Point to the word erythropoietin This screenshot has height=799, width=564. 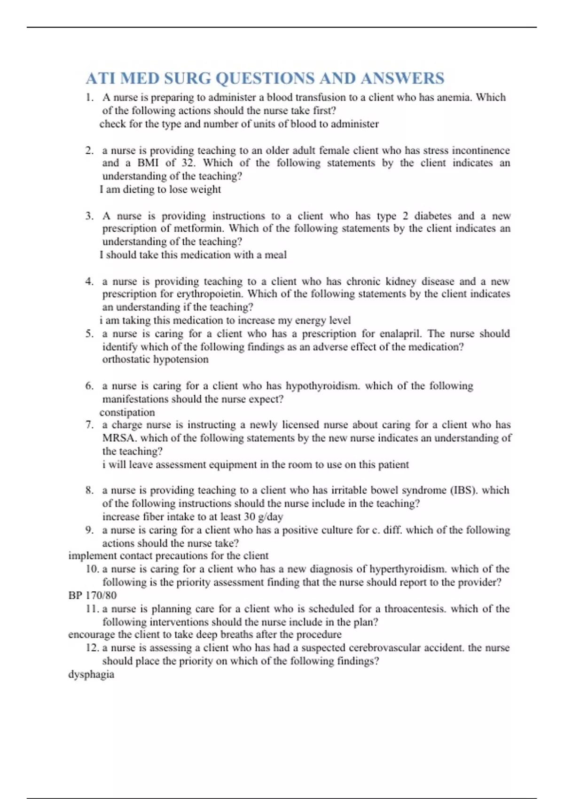(210, 294)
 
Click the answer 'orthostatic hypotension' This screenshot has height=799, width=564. (155, 360)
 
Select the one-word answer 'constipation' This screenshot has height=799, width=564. (127, 412)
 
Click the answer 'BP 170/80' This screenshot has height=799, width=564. (93, 595)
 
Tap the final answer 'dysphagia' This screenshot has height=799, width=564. (91, 674)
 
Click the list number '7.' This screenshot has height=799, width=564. (89, 425)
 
